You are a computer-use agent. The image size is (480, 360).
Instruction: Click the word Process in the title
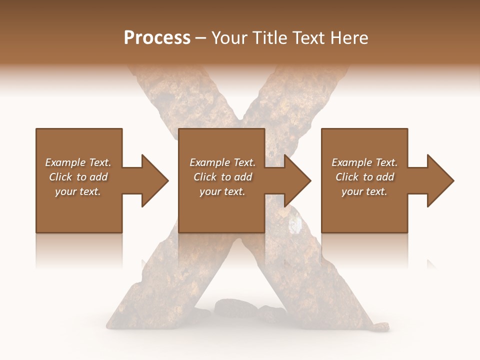pos(157,38)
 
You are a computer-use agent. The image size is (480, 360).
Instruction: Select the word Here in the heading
pos(349,38)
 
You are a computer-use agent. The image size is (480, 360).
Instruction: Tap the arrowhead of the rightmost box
pos(440,180)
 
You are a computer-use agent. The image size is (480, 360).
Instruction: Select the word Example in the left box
pos(64,162)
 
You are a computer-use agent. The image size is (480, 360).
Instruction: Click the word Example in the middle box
pos(209,162)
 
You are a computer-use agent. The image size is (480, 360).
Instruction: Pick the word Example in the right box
pos(351,162)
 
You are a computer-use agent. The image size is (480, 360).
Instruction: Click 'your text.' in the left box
pos(78,191)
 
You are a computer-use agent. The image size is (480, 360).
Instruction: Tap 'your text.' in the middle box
pos(222,191)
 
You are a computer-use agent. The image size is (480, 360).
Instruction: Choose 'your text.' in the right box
pos(364,191)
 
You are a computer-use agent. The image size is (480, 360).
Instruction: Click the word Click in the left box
pos(60,177)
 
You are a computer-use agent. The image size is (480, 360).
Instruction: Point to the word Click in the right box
pos(347,177)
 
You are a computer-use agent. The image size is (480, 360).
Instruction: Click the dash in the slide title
pos(201,38)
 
